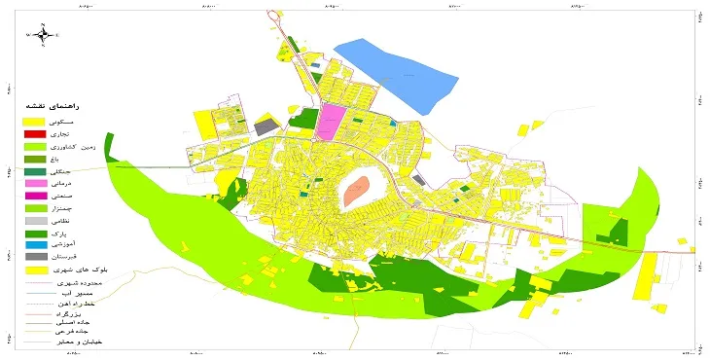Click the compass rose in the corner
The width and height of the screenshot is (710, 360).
(x=43, y=35)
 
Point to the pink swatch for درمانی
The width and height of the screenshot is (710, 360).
(x=35, y=183)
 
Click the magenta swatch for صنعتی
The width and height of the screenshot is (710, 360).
(x=35, y=196)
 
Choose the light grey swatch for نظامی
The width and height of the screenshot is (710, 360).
(x=35, y=221)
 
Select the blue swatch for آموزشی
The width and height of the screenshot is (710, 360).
(x=35, y=246)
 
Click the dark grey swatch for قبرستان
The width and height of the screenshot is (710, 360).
(x=35, y=259)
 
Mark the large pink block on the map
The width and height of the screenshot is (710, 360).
(x=331, y=123)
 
